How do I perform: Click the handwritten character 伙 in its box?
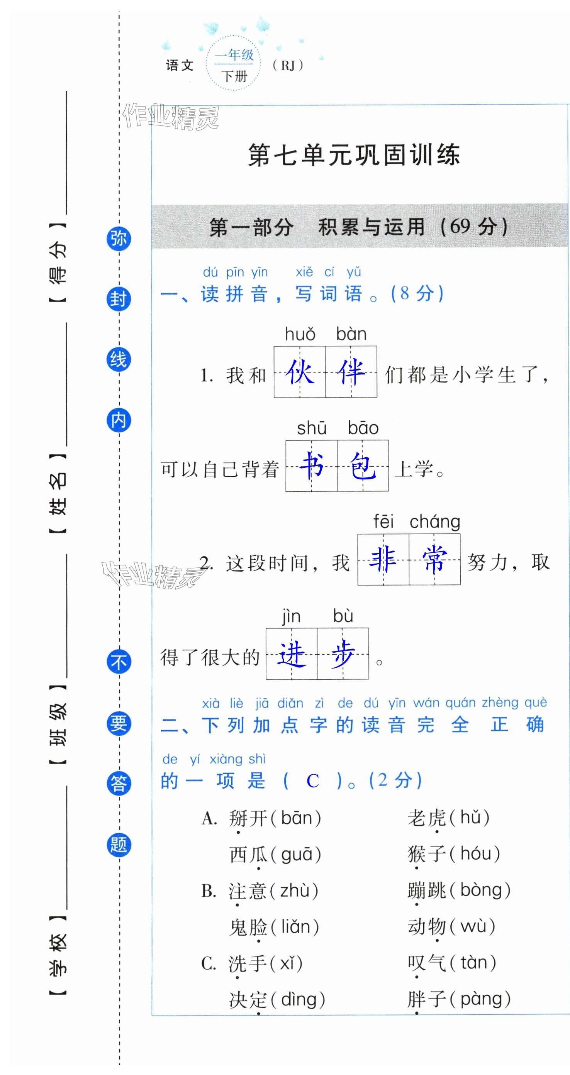pyautogui.click(x=300, y=371)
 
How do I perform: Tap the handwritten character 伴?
pyautogui.click(x=351, y=371)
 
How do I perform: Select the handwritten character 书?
pyautogui.click(x=312, y=465)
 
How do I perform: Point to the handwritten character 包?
pyautogui.click(x=363, y=465)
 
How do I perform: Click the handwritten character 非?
pyautogui.click(x=383, y=559)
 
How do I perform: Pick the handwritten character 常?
pyautogui.click(x=434, y=559)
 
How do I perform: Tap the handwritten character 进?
pyautogui.click(x=292, y=653)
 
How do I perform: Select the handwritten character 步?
pyautogui.click(x=343, y=653)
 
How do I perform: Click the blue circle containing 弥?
pyautogui.click(x=119, y=239)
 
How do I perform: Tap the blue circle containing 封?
pyautogui.click(x=119, y=299)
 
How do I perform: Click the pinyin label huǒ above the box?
pyautogui.click(x=300, y=334)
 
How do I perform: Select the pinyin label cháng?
pyautogui.click(x=435, y=521)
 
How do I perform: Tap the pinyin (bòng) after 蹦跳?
pyautogui.click(x=485, y=890)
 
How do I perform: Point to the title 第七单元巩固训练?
pyautogui.click(x=354, y=155)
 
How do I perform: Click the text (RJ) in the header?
pyautogui.click(x=288, y=65)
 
